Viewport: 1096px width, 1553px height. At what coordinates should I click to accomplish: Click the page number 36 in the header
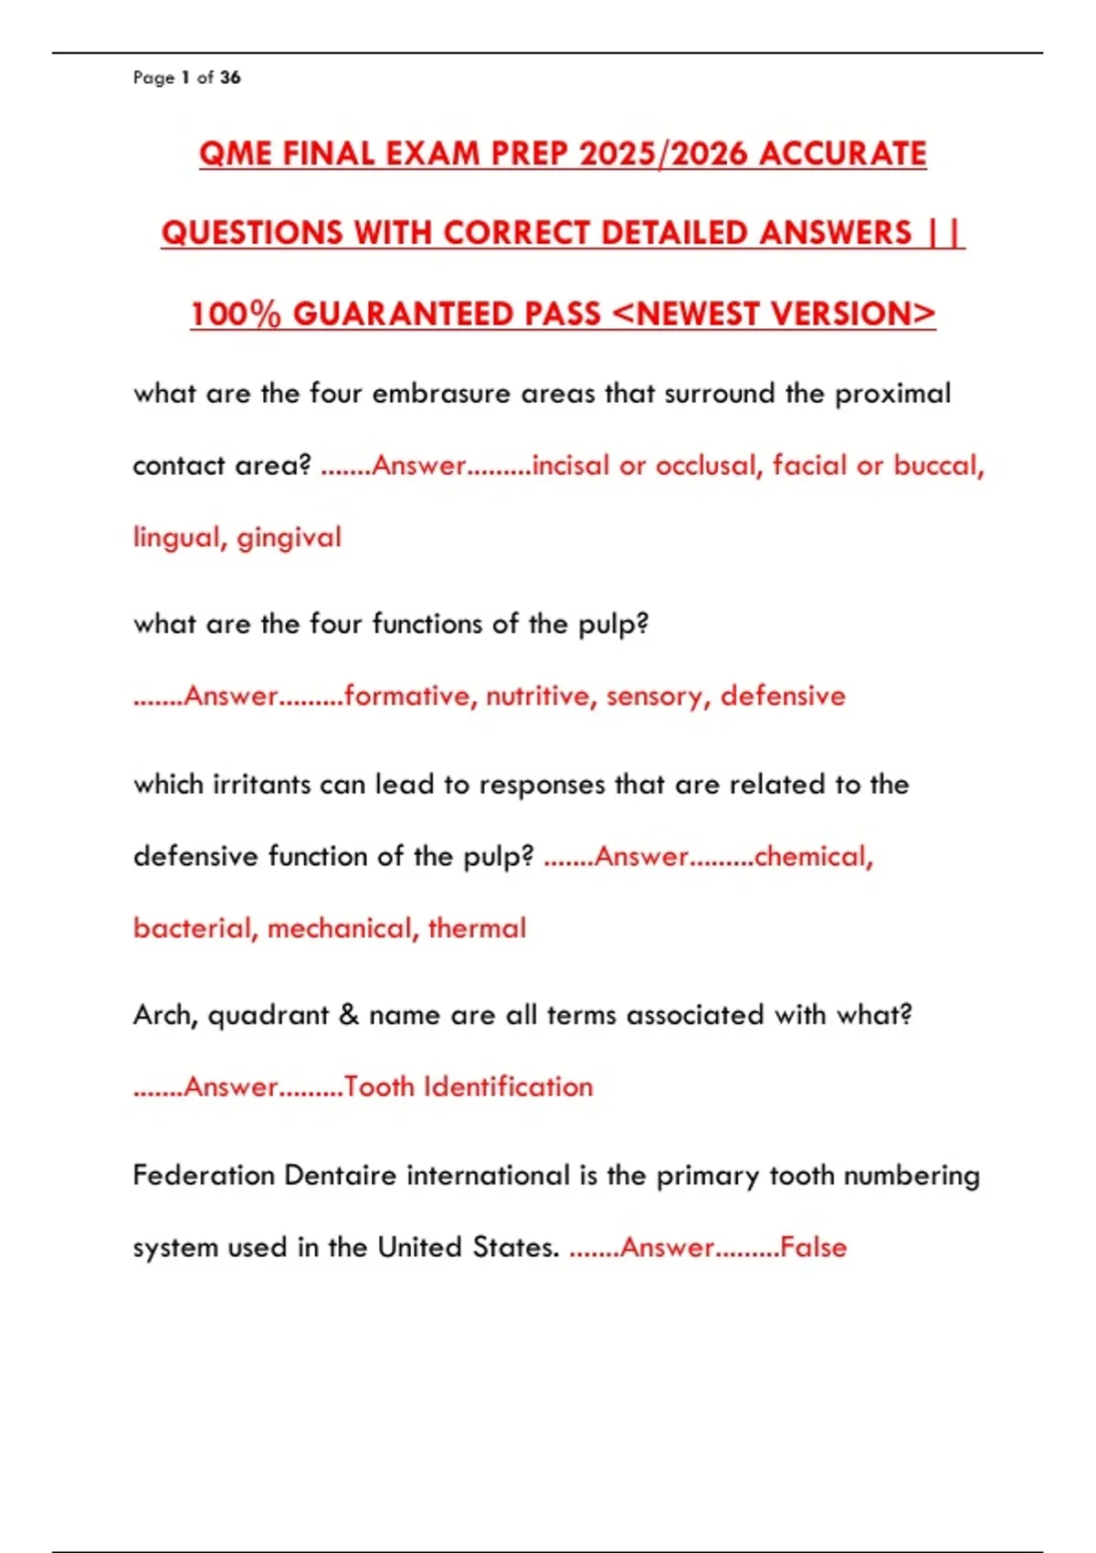pyautogui.click(x=230, y=78)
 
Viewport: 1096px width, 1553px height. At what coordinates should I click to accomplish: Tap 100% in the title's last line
pyautogui.click(x=236, y=314)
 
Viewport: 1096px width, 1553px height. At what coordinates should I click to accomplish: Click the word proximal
pyautogui.click(x=892, y=394)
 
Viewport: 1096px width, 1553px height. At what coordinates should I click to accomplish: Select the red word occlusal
pyautogui.click(x=707, y=466)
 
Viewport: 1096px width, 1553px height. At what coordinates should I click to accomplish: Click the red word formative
pyautogui.click(x=407, y=696)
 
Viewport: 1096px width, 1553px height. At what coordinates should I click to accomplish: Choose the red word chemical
pyautogui.click(x=811, y=857)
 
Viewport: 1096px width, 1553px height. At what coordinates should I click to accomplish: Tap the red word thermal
pyautogui.click(x=477, y=929)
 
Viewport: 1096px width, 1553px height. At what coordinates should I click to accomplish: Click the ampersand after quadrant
pyautogui.click(x=349, y=1015)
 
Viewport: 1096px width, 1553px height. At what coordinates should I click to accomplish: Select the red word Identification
pyautogui.click(x=509, y=1087)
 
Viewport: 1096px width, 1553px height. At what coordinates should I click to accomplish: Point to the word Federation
pyautogui.click(x=203, y=1175)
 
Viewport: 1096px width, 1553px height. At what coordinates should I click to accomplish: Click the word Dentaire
pyautogui.click(x=340, y=1175)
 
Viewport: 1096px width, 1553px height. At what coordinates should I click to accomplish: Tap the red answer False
pyautogui.click(x=813, y=1248)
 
